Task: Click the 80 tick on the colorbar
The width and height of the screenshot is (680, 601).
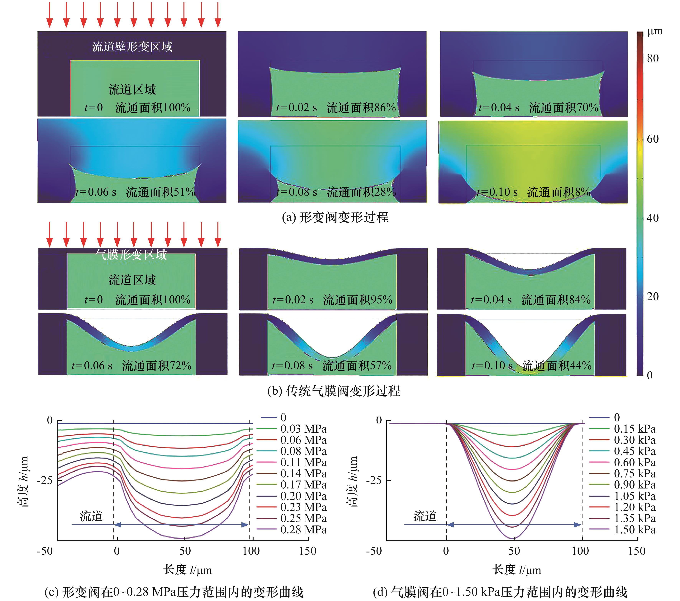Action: coord(652,59)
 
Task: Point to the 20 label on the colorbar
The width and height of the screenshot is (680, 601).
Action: coord(652,296)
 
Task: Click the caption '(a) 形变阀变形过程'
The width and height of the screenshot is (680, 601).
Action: coord(335,218)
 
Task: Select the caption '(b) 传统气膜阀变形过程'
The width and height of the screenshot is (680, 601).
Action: coord(334,391)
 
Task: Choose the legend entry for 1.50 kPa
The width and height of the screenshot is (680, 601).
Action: coord(635,529)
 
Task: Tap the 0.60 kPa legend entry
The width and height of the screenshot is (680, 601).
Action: coord(635,462)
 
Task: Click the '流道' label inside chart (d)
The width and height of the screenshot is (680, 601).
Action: coord(425,516)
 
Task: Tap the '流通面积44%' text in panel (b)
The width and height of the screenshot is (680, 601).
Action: coord(557,366)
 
